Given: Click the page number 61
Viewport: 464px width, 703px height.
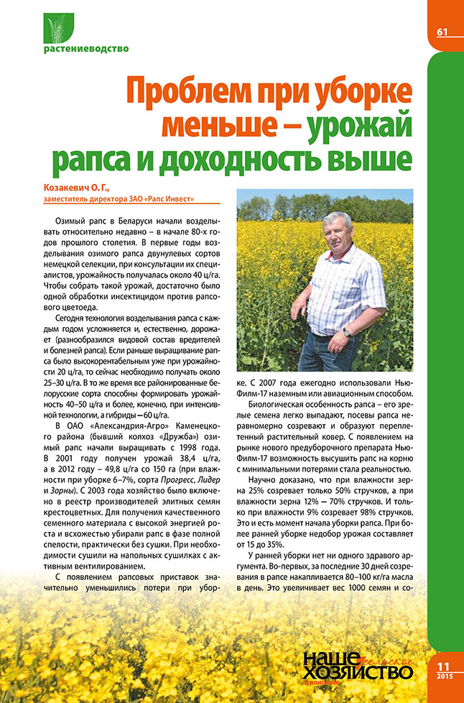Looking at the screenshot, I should (442, 31).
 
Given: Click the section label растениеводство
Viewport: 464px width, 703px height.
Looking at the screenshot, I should (86, 50).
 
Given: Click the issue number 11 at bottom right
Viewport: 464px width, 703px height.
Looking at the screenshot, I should (443, 667).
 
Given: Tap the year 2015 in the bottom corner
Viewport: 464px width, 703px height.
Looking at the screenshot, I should (443, 680).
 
